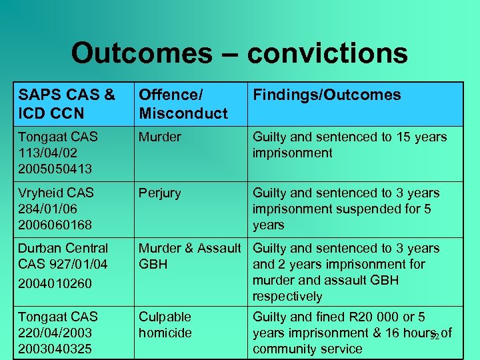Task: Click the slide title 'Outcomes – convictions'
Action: click(239, 53)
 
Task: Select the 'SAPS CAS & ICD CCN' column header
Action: click(67, 104)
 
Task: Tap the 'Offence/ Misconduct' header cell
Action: click(183, 104)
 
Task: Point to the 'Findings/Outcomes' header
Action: click(327, 95)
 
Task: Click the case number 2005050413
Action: click(55, 169)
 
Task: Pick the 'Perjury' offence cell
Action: click(159, 193)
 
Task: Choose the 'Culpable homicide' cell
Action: click(165, 325)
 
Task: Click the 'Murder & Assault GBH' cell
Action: click(189, 256)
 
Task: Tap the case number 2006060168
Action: click(55, 225)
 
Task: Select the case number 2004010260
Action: click(55, 283)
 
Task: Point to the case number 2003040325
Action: click(55, 349)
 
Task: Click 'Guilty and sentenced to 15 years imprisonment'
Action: click(349, 145)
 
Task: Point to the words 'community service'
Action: click(307, 349)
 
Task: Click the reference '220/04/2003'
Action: click(55, 333)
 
